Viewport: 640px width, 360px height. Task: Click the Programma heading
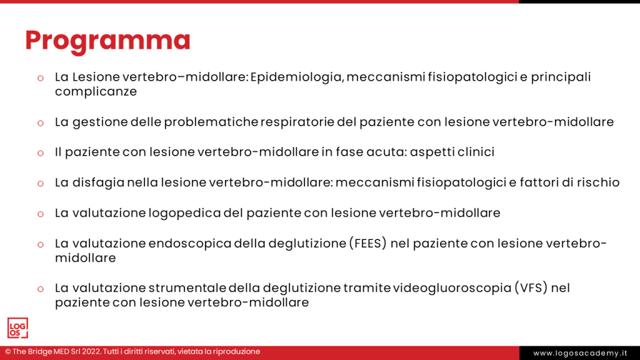(x=107, y=40)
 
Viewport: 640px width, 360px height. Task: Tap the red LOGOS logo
(x=17, y=328)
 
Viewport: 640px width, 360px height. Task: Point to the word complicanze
(x=96, y=91)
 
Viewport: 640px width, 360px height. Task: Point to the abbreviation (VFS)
(x=532, y=288)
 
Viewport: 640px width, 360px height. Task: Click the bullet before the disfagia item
(x=40, y=183)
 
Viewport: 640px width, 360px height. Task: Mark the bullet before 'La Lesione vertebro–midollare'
(x=40, y=78)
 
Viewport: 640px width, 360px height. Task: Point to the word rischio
(x=599, y=182)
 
